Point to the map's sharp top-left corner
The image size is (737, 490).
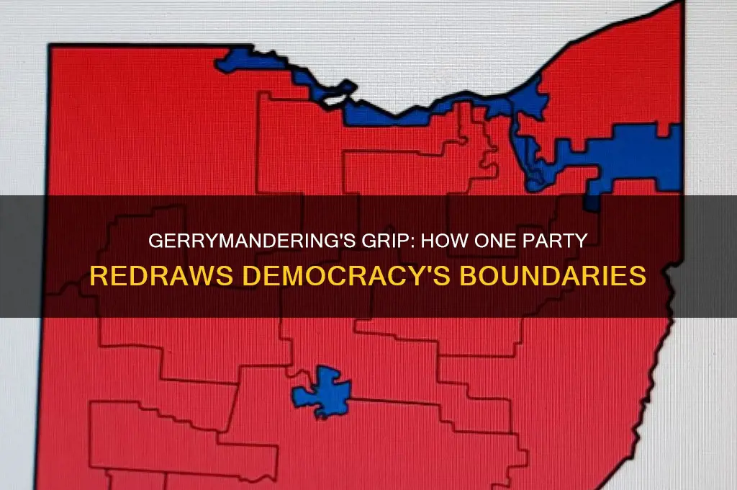(51, 46)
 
